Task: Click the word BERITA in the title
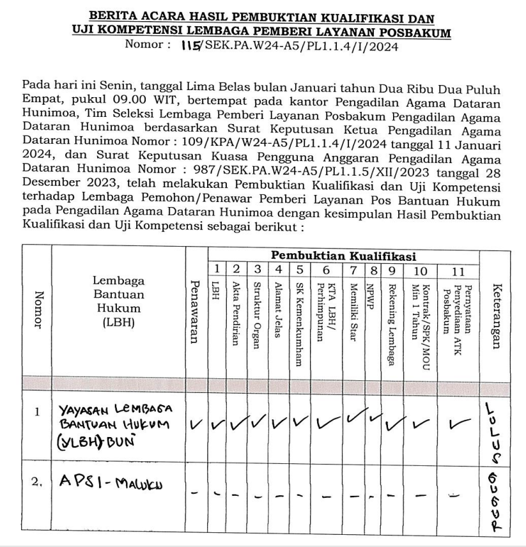(x=114, y=15)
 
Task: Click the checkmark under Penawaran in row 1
(x=195, y=424)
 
